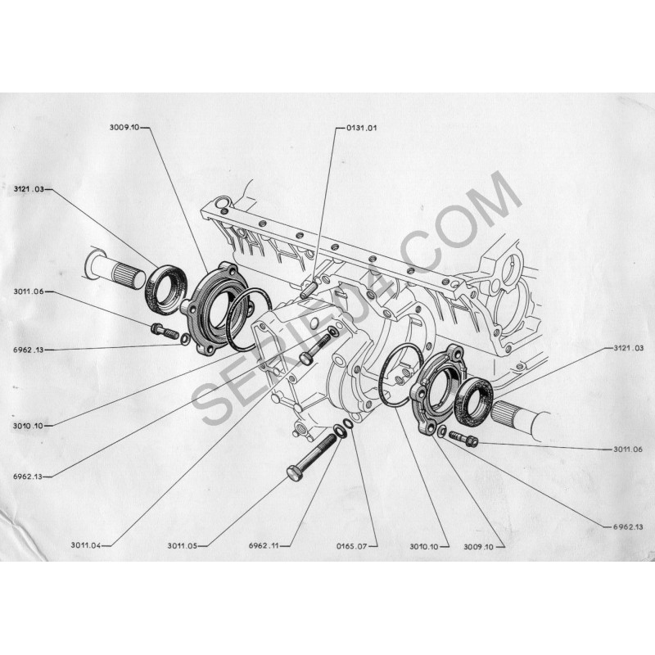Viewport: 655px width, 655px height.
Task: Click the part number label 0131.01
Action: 361,128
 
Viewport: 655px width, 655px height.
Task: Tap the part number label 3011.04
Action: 86,545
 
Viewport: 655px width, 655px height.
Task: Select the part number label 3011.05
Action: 182,545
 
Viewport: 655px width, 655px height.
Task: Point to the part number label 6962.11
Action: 264,545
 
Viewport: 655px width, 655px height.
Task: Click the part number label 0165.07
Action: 352,546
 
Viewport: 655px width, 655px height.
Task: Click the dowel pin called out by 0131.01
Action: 309,288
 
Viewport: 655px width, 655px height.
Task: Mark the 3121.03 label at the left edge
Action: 29,189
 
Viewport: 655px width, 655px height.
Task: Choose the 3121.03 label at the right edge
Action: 628,348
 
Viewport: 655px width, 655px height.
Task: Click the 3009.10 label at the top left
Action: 124,128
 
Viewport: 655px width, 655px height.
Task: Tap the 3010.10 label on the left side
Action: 28,426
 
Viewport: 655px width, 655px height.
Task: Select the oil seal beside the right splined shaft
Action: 476,402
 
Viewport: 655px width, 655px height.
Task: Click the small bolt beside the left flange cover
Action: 165,331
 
